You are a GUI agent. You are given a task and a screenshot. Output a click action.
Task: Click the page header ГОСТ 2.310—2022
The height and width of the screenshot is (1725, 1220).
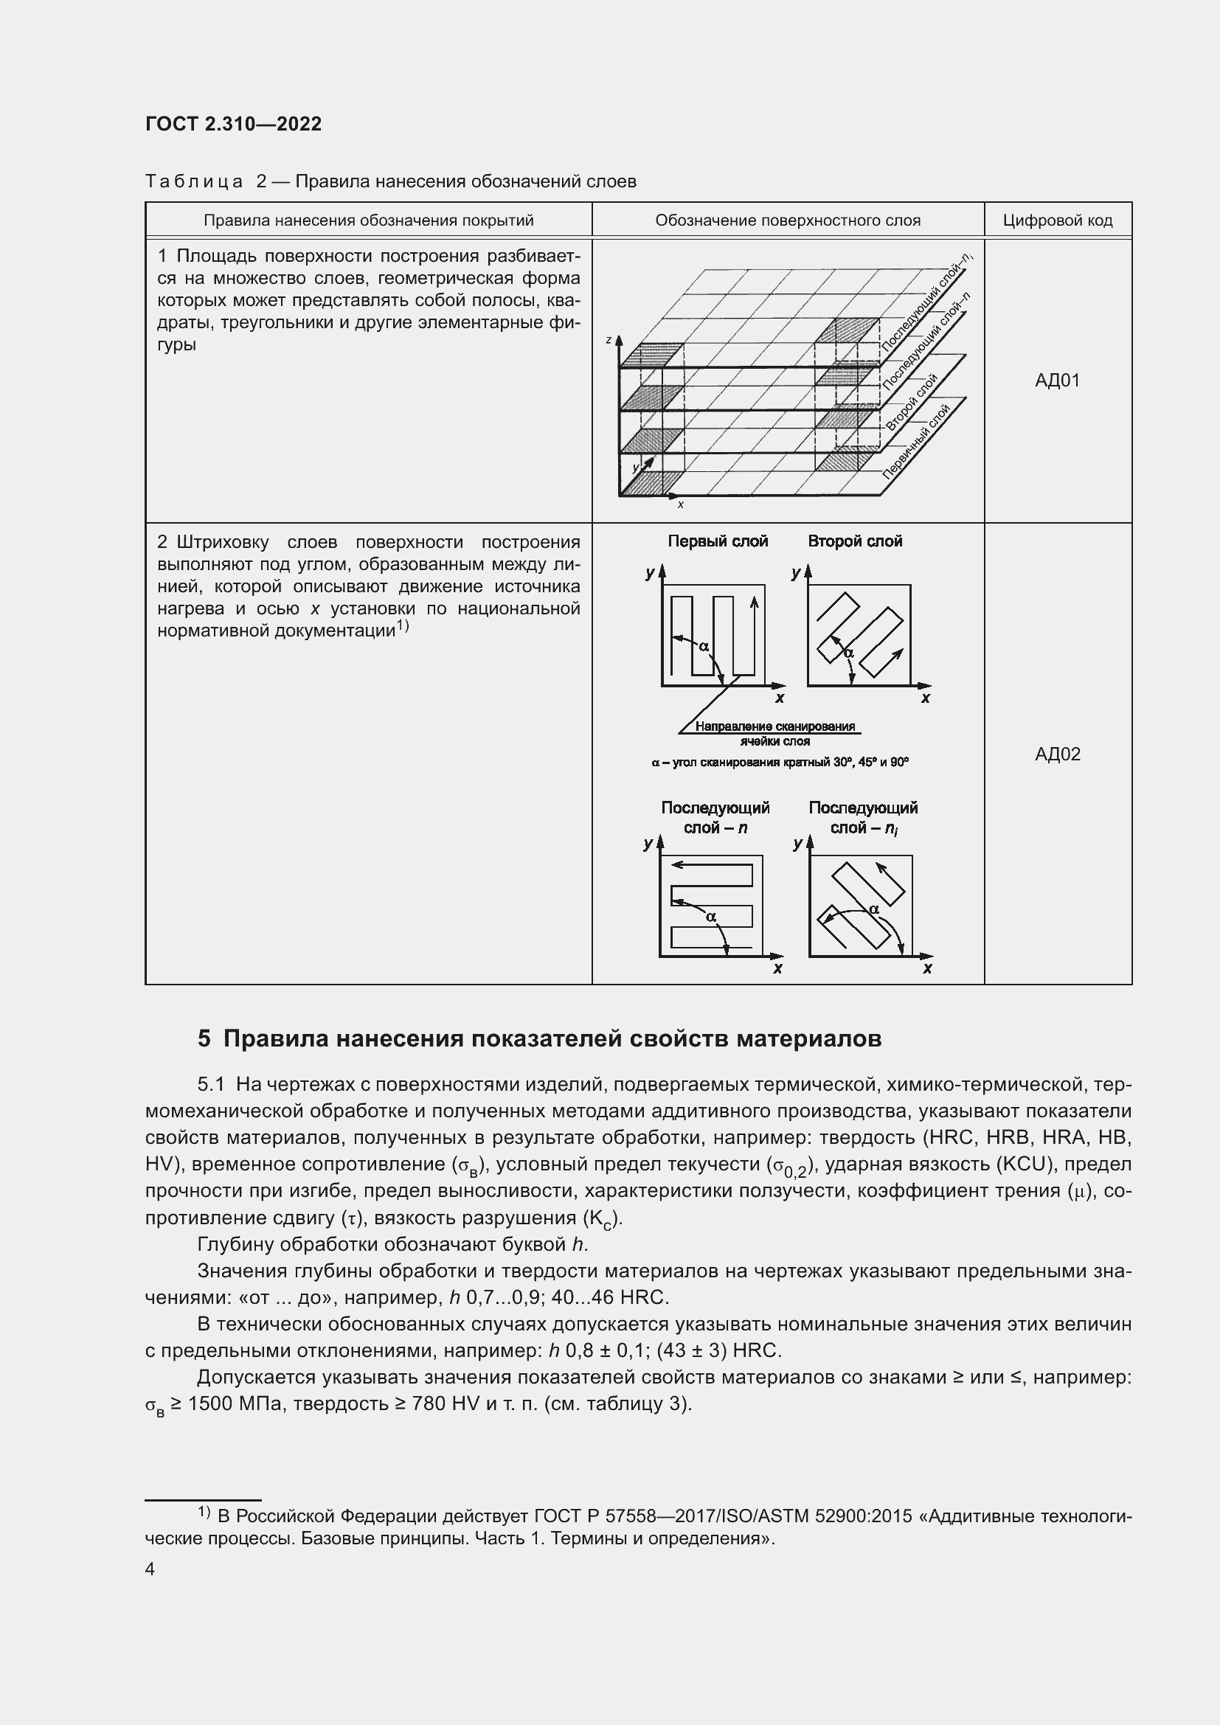[234, 125]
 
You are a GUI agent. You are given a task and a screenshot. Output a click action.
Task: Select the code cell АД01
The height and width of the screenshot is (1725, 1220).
[1057, 381]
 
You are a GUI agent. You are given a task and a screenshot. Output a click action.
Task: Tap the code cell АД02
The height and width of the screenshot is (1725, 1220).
[1057, 754]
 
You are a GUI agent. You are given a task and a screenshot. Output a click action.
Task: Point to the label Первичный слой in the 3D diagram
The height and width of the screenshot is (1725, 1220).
[916, 442]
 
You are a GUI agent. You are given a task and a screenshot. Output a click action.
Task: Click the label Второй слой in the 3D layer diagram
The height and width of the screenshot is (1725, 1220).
[911, 403]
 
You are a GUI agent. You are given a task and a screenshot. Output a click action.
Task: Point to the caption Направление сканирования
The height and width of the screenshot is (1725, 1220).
[775, 726]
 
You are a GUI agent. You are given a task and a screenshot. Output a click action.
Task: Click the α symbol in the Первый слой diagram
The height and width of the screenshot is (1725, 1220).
[704, 645]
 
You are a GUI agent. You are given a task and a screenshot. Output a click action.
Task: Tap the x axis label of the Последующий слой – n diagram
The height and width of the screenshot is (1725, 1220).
[777, 968]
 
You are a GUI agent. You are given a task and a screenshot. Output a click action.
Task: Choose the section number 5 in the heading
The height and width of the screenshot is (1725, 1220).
[204, 1039]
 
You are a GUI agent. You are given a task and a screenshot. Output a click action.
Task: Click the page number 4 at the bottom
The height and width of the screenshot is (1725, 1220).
[150, 1569]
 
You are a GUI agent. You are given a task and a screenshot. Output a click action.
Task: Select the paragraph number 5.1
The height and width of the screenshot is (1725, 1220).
[211, 1085]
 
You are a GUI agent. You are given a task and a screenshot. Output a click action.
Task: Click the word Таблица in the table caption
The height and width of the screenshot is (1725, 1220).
[194, 182]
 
